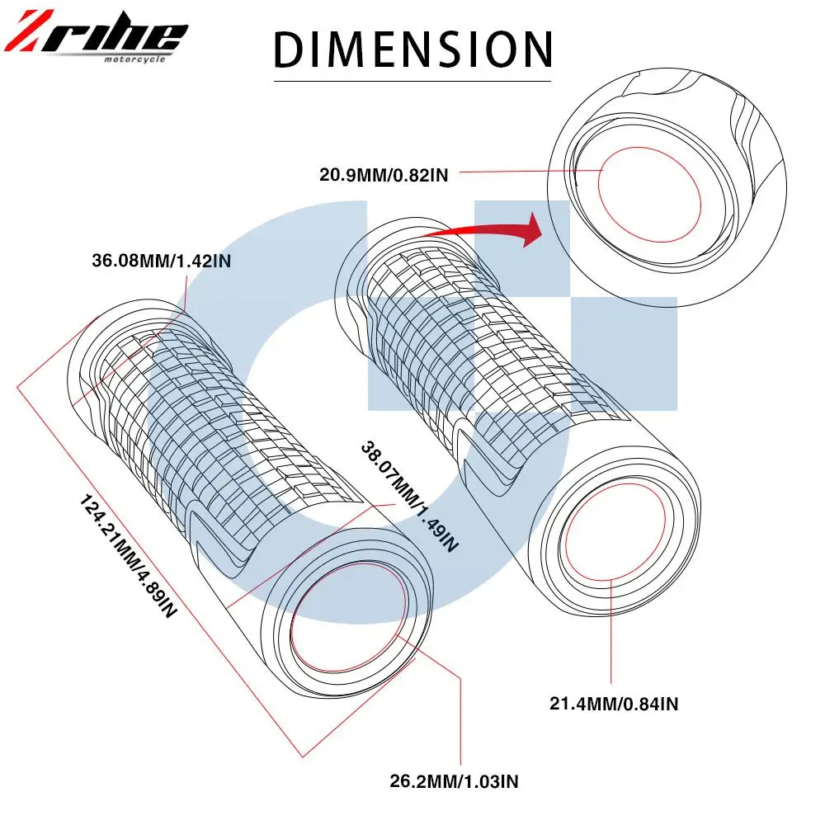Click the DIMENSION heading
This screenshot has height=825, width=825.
pyautogui.click(x=412, y=49)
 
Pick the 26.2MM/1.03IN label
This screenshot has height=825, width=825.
pyautogui.click(x=455, y=780)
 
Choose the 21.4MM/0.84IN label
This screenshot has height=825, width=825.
pyautogui.click(x=614, y=704)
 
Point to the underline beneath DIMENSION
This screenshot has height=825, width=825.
pyautogui.click(x=412, y=81)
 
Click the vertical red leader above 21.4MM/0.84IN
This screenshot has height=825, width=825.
pyautogui.click(x=611, y=635)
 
